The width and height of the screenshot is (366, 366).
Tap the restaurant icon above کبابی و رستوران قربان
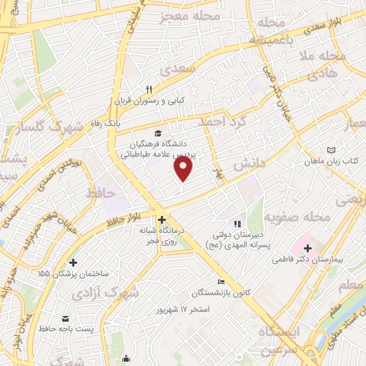(149, 89)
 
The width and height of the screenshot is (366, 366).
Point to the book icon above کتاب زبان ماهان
(330, 150)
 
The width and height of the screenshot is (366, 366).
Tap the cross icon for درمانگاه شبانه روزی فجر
(162, 219)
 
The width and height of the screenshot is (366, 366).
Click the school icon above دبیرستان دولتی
(237, 224)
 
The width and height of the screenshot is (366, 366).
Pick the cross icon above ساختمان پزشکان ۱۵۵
(74, 262)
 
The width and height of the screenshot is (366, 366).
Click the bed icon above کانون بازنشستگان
(220, 282)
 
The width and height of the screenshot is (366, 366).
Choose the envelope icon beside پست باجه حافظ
(65, 318)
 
